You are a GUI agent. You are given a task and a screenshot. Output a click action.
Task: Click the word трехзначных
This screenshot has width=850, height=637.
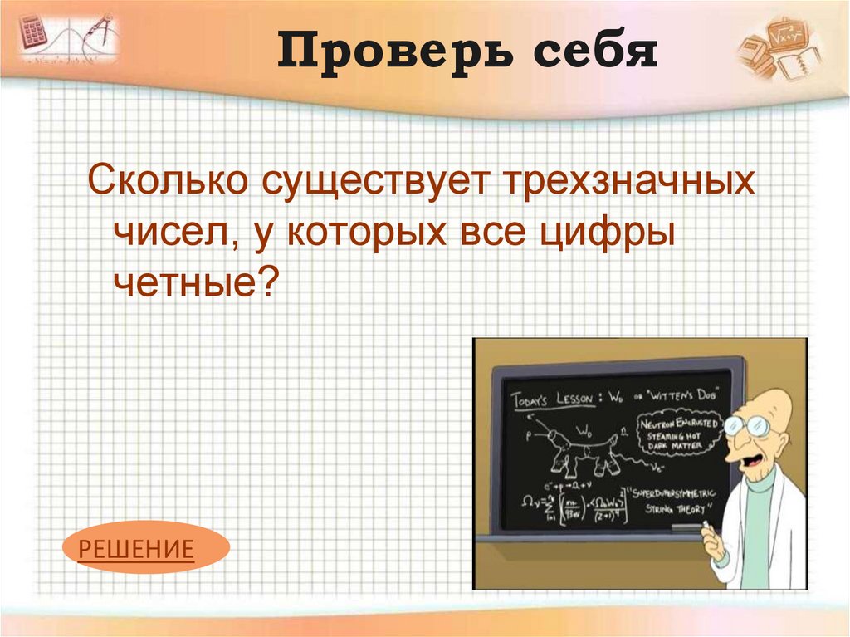click(627, 181)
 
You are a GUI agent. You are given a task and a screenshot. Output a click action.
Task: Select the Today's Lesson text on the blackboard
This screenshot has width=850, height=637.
click(552, 399)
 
